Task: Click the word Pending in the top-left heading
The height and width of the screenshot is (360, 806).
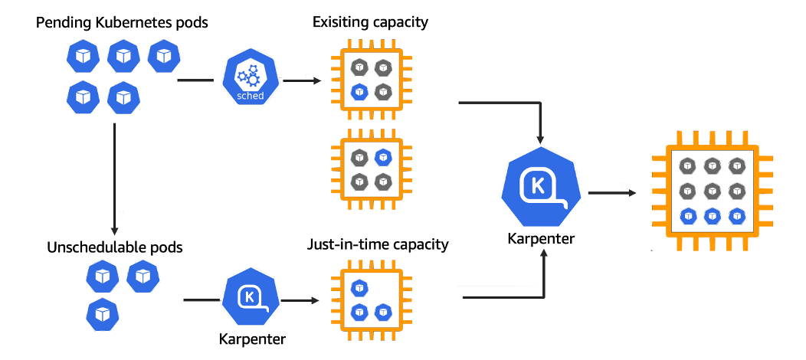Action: (x=62, y=23)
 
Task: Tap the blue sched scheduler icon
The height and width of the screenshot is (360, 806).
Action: (x=249, y=80)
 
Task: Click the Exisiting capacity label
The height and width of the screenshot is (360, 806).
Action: (x=370, y=22)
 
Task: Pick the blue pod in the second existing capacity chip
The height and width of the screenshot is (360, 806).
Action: (x=383, y=157)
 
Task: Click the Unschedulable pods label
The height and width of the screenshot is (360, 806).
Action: (x=114, y=247)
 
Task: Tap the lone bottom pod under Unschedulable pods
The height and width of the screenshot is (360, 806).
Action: (x=101, y=313)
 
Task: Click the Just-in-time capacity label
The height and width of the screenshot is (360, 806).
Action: (x=377, y=246)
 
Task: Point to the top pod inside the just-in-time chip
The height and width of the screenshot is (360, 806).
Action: (x=359, y=288)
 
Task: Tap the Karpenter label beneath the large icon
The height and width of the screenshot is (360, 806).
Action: (x=541, y=239)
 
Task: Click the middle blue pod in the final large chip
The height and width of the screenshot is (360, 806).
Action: (x=712, y=215)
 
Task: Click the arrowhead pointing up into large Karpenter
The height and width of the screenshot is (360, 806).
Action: (x=543, y=258)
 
